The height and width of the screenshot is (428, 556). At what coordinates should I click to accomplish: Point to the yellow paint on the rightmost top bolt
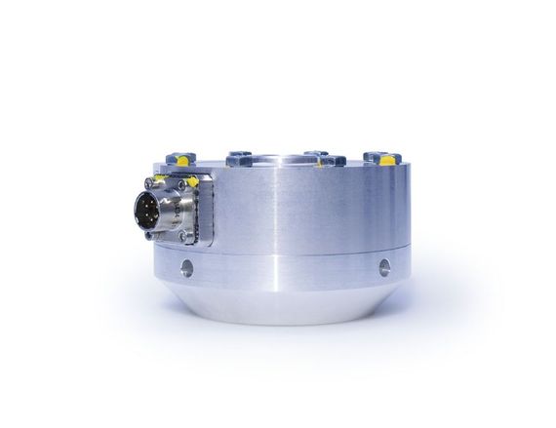387,160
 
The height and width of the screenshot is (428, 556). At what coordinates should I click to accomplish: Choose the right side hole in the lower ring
384,265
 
